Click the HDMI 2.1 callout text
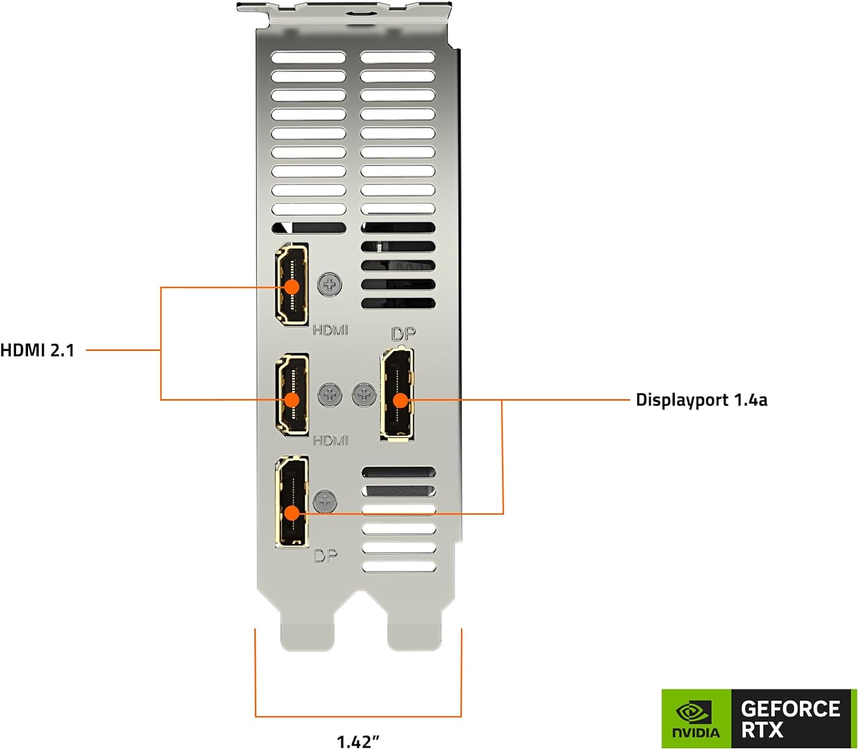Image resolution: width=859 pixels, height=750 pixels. [x=38, y=350]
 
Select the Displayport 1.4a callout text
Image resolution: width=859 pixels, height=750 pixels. [x=702, y=400]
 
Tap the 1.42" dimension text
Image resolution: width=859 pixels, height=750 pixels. [x=358, y=741]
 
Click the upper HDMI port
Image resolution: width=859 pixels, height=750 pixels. [x=292, y=285]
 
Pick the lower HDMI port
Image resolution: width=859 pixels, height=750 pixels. [x=292, y=395]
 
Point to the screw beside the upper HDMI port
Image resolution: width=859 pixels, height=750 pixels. [x=330, y=283]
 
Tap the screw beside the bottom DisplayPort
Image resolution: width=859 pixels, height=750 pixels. [x=325, y=501]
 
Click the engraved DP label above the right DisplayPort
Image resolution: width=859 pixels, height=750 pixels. [x=403, y=334]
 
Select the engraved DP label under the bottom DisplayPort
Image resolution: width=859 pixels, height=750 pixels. [x=325, y=555]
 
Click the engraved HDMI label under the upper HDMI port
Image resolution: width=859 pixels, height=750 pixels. [x=330, y=330]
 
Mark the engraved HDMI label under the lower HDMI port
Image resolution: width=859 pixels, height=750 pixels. [x=330, y=440]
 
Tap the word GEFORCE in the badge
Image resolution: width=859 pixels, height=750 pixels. [x=790, y=709]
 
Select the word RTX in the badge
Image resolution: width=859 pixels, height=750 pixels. [x=762, y=731]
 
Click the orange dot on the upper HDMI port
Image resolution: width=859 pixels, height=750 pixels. [x=292, y=286]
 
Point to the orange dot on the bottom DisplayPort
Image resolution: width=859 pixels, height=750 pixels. [x=292, y=513]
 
